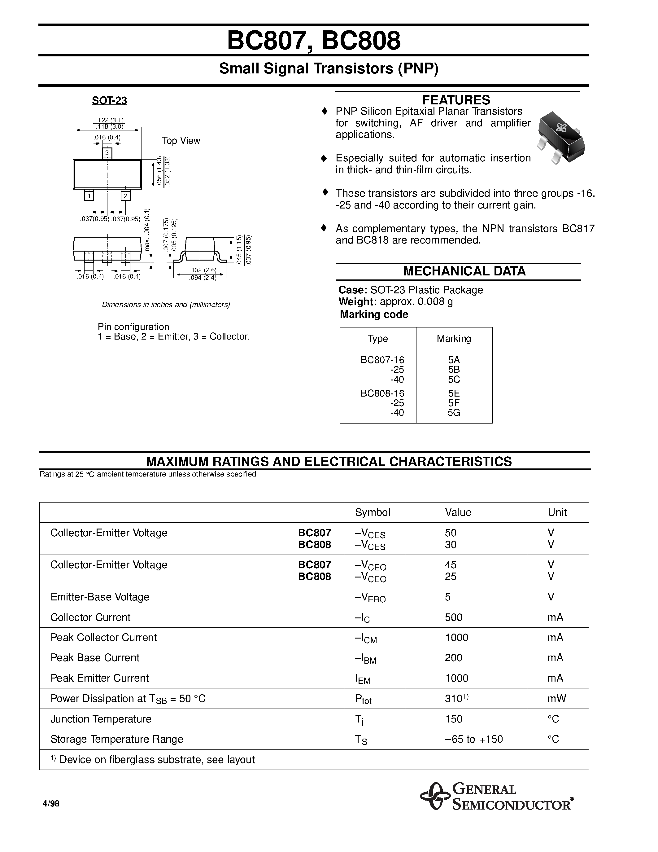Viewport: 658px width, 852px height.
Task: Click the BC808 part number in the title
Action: (361, 41)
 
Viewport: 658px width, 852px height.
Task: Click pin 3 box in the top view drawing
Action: (107, 153)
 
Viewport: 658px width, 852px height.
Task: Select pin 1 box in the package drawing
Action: (89, 196)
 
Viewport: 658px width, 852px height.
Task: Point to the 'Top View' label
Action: (181, 141)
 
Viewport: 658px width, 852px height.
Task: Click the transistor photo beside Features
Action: (561, 137)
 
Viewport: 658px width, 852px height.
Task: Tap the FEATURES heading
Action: (456, 100)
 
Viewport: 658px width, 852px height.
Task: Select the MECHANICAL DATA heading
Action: (464, 271)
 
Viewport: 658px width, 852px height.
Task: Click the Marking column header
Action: (454, 339)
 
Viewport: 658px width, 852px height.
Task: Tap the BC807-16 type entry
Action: (382, 360)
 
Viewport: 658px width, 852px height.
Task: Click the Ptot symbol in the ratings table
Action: (363, 699)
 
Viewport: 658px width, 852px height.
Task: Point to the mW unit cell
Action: (556, 699)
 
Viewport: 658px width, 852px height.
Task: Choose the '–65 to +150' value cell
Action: (474, 739)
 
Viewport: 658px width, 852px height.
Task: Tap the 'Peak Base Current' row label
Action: (95, 658)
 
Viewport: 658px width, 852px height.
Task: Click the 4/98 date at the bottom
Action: (51, 804)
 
